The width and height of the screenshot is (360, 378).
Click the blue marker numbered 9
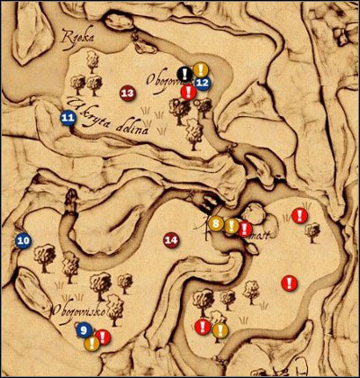coord(84,331)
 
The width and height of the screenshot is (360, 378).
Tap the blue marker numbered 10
coord(23,240)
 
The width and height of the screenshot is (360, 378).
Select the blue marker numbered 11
coord(67,117)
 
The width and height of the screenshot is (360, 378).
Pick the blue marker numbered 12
coord(202,83)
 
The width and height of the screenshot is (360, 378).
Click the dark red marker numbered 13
coord(127,93)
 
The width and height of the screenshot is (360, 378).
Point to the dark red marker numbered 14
coord(170,238)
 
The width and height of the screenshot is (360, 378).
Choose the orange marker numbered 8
coord(216,222)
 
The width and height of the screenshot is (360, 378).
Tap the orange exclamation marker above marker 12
coord(202,69)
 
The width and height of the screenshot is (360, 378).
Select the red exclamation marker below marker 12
coord(187,92)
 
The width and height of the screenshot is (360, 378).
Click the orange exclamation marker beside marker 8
coord(231,226)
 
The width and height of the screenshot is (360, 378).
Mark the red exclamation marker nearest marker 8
coord(245,229)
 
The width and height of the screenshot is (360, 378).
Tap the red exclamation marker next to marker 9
coord(103,337)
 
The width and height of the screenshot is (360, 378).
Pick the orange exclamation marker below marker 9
coord(91,343)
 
